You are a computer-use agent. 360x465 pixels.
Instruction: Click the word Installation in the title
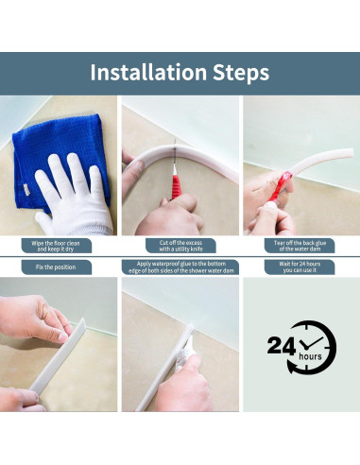[148, 72]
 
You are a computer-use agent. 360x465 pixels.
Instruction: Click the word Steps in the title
[241, 73]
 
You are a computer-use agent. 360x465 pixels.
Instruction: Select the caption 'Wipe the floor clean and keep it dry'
[57, 246]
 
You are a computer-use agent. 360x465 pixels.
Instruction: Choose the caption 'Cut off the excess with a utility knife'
[180, 246]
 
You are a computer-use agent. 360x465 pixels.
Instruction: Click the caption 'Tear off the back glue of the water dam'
[300, 246]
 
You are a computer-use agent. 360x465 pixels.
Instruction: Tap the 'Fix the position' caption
[57, 267]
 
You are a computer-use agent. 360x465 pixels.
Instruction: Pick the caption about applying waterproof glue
[180, 267]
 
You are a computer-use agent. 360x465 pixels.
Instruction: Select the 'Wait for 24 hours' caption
[300, 267]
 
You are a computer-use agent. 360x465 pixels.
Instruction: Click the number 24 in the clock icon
[282, 346]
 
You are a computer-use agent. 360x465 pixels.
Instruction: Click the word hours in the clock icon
[310, 356]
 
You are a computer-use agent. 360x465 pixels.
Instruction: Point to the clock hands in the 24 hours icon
[311, 343]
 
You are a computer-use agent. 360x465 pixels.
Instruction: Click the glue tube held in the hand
[184, 353]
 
